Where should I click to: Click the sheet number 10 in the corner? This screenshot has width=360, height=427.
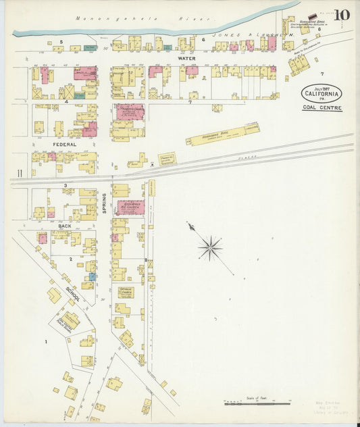(342, 14)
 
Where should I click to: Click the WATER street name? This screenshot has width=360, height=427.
(186, 59)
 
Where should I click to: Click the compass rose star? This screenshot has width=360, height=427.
(210, 248)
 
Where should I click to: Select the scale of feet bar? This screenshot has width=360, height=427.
(257, 403)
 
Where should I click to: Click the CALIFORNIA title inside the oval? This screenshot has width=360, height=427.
(322, 94)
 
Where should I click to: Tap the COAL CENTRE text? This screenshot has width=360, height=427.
(322, 108)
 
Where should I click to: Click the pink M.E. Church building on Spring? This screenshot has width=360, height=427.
(130, 207)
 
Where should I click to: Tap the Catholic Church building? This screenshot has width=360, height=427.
(126, 292)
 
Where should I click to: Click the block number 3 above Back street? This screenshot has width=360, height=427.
(66, 185)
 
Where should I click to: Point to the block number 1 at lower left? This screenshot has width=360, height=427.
(46, 342)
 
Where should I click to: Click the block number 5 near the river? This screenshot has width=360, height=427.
(61, 42)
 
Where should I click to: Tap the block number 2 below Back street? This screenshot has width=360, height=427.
(70, 258)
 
